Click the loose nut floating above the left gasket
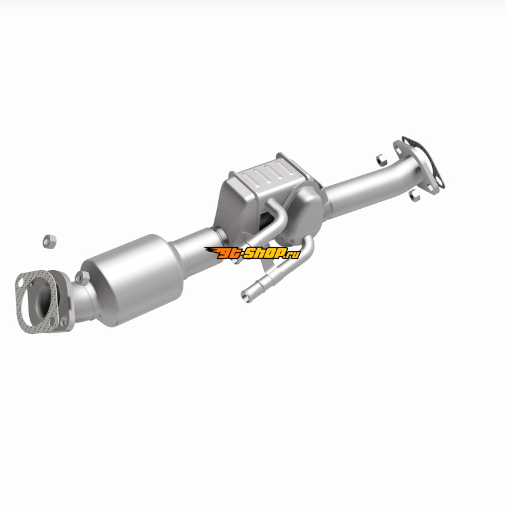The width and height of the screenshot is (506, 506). point(49,242)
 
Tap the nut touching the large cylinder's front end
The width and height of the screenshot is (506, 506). point(82,278)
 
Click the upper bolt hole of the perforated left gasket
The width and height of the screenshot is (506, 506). point(21,283)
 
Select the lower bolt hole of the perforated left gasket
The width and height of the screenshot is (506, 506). point(52,322)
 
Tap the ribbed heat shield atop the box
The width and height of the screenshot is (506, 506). point(269,176)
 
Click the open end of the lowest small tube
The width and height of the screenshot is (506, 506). point(246,296)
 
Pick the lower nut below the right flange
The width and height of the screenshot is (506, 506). point(414,195)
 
